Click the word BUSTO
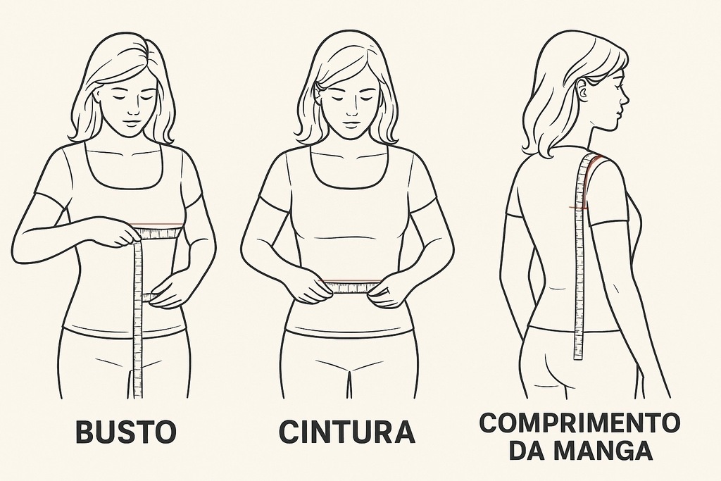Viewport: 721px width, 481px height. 125,431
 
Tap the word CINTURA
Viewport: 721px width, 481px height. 347,431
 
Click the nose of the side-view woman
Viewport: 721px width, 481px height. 625,98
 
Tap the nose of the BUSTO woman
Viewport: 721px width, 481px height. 132,110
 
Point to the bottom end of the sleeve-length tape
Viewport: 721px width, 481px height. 578,358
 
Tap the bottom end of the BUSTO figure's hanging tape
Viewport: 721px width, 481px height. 138,396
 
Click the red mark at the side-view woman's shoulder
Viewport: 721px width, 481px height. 596,161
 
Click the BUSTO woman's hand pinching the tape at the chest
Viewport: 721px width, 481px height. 124,235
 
